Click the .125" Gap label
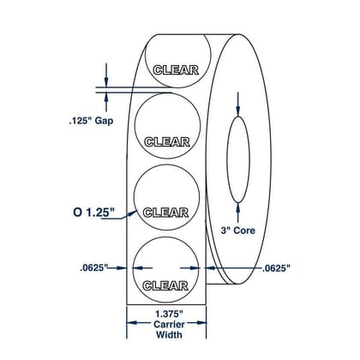91,121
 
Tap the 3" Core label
237,231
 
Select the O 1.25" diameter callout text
93,213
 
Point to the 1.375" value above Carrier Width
169,315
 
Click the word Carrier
169,324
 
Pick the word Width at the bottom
169,334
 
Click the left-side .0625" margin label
93,268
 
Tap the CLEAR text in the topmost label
176,70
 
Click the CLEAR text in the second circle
167,142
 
